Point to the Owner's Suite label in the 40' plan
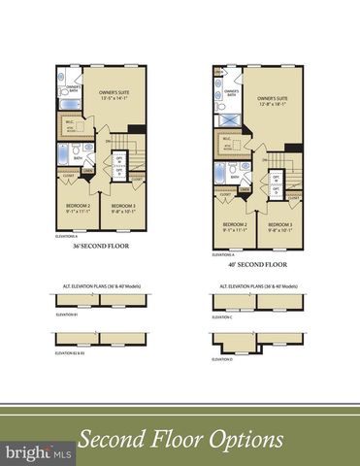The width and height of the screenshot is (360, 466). pos(275,102)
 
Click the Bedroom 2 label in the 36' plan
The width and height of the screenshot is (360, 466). pos(77,207)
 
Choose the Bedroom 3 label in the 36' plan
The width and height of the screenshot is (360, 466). pos(123,207)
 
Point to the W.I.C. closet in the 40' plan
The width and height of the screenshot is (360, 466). pos(227,142)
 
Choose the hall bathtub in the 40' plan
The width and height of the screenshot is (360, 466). pos(220,172)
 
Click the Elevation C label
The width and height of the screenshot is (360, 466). pos(222,316)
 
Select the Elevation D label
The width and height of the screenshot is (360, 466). pos(222,359)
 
